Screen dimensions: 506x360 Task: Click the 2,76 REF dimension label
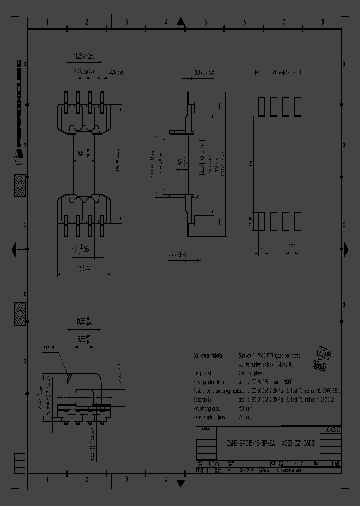click(x=176, y=255)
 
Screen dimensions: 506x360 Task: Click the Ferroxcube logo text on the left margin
click(x=18, y=105)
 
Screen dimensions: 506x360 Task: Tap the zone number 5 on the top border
click(x=205, y=22)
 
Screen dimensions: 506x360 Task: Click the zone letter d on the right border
click(x=343, y=305)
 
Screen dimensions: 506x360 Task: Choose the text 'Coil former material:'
click(x=210, y=355)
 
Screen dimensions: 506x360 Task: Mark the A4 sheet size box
click(x=338, y=463)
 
